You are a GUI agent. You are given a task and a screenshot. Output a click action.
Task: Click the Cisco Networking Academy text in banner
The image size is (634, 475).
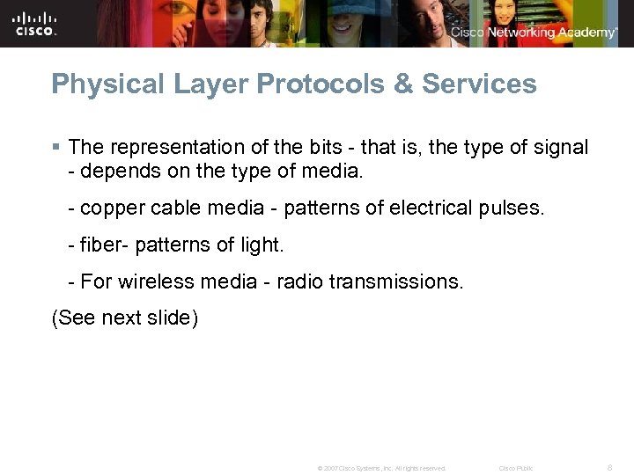[534, 33]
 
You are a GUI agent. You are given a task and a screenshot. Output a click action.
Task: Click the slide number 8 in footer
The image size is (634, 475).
[609, 468]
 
